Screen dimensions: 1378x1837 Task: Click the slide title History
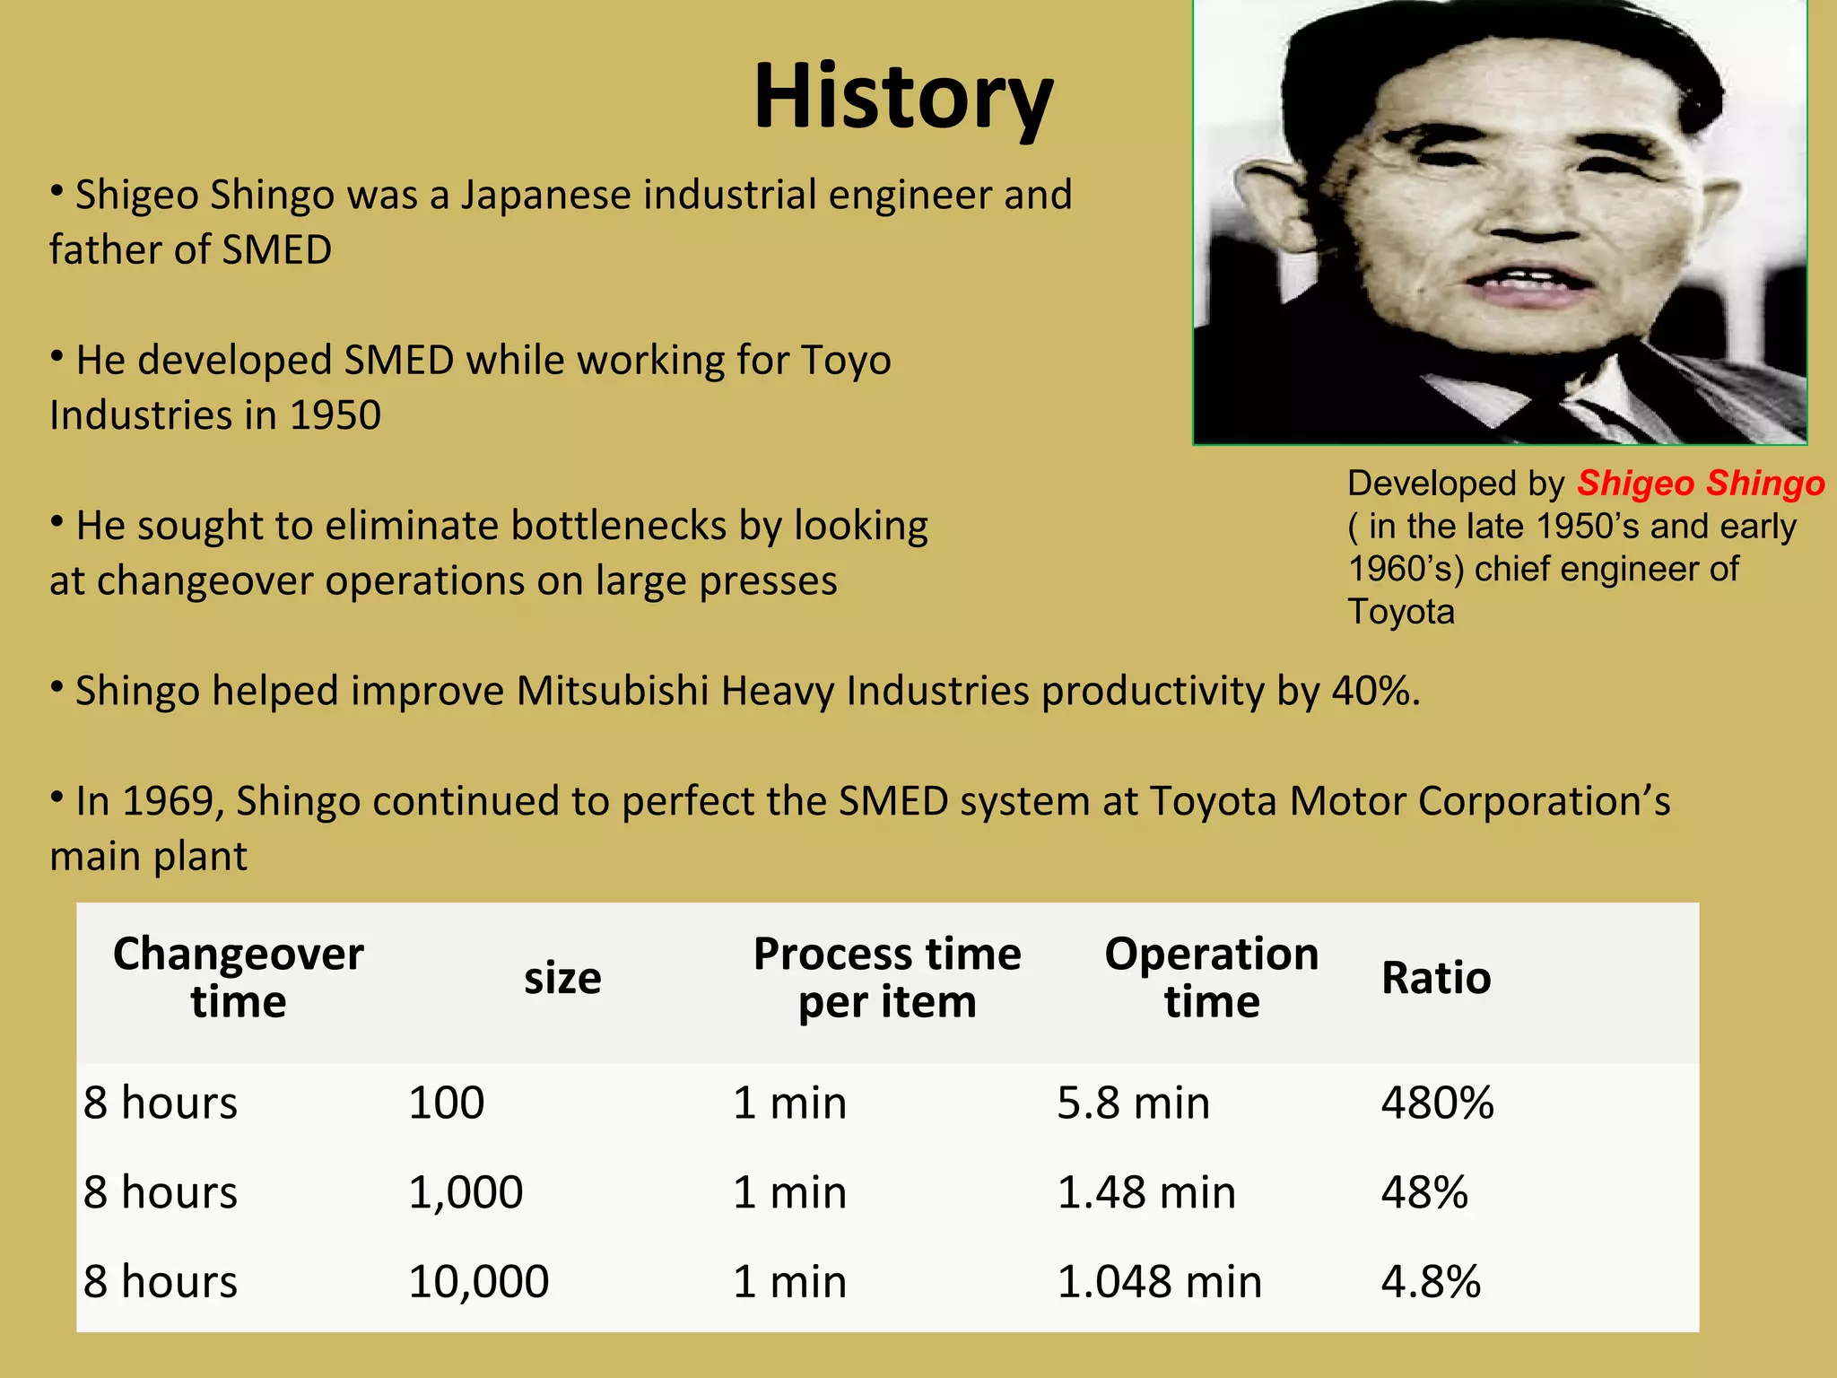point(902,97)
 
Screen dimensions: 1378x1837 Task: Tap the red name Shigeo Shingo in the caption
point(1701,484)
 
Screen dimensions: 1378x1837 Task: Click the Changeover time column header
point(238,977)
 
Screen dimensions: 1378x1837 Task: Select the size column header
point(562,978)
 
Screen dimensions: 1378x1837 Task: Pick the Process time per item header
point(886,977)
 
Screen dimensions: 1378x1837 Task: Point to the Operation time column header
point(1211,977)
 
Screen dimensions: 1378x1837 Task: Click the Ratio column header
point(1435,978)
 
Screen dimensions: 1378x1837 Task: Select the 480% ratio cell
point(1437,1103)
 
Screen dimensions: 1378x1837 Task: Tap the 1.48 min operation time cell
point(1146,1192)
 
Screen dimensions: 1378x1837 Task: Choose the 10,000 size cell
point(478,1281)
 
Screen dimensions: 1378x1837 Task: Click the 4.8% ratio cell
point(1431,1281)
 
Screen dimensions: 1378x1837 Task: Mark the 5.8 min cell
point(1133,1103)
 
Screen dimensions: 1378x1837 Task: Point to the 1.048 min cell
point(1159,1281)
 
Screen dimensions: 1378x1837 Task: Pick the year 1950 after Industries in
point(335,415)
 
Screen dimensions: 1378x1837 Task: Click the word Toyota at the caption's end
point(1401,612)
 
